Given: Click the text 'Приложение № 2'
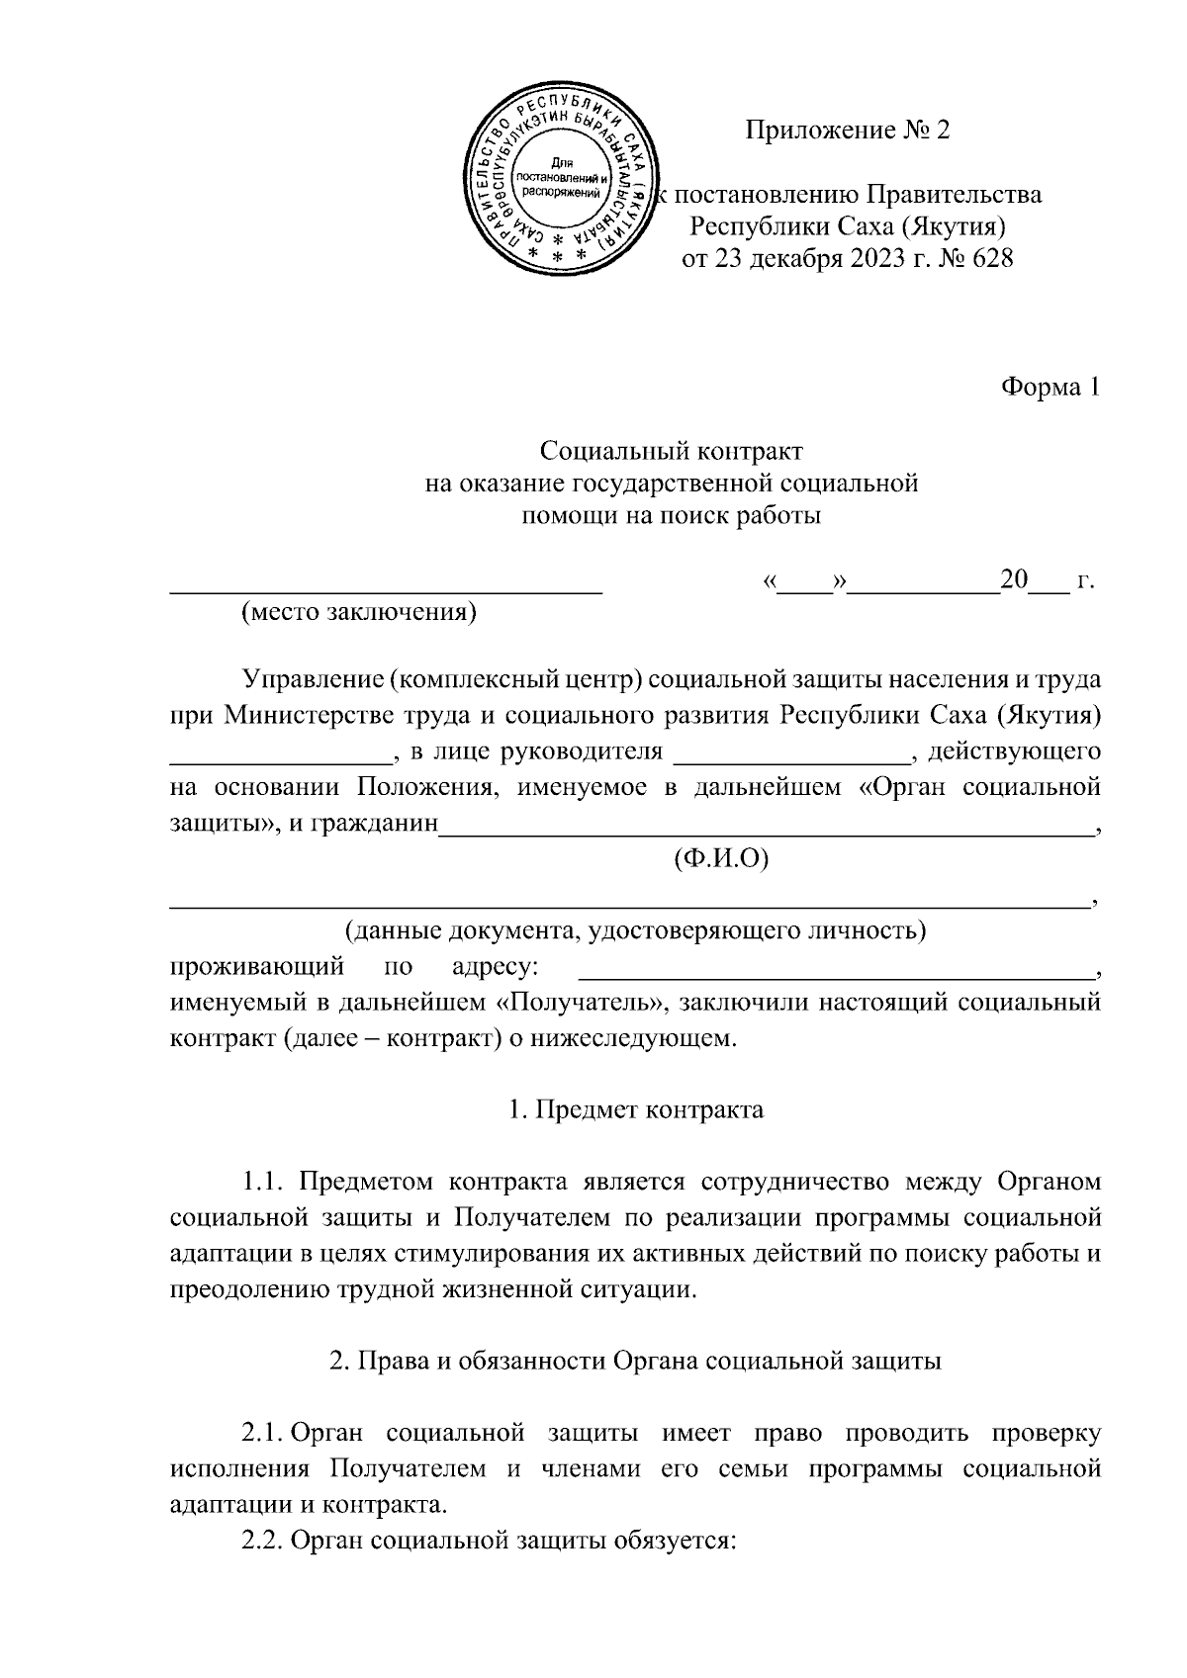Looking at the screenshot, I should (848, 130).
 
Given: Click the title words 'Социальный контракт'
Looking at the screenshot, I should (672, 452).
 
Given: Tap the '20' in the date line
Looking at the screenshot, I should (1015, 579).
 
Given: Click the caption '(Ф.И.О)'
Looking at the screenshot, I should (721, 858).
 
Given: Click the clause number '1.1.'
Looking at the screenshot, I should (264, 1181).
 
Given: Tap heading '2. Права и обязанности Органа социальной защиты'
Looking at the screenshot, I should (635, 1361).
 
